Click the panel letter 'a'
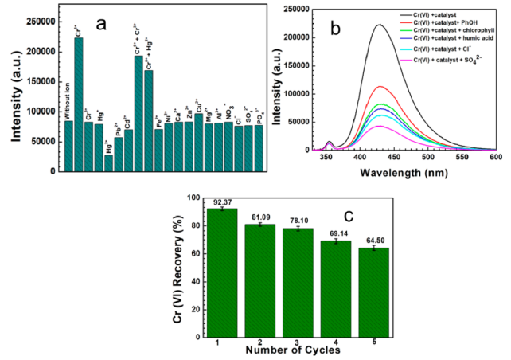(100, 23)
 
